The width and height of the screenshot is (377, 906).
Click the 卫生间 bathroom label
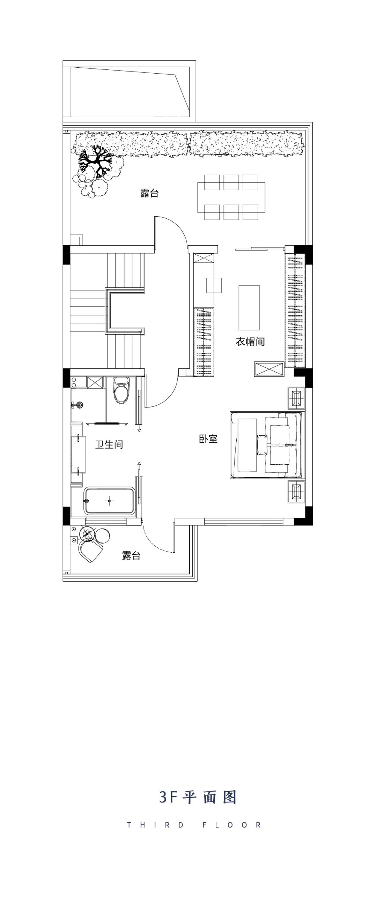click(109, 444)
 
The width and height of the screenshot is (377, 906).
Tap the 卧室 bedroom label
click(208, 439)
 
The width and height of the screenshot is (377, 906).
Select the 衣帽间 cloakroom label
click(250, 342)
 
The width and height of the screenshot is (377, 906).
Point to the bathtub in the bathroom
click(109, 501)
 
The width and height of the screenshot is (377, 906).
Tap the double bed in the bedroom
click(266, 445)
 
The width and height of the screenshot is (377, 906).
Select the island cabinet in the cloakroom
click(249, 307)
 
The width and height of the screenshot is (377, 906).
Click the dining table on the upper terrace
click(231, 197)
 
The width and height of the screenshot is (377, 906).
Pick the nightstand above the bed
click(296, 398)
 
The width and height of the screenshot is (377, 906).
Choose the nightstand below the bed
click(296, 491)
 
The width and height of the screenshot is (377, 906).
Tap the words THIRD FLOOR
click(194, 825)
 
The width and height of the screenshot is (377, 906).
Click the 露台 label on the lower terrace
click(131, 555)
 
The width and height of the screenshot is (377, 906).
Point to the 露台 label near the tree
click(149, 193)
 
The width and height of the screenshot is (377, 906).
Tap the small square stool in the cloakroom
click(214, 285)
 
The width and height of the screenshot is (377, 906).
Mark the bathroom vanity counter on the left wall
click(78, 454)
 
